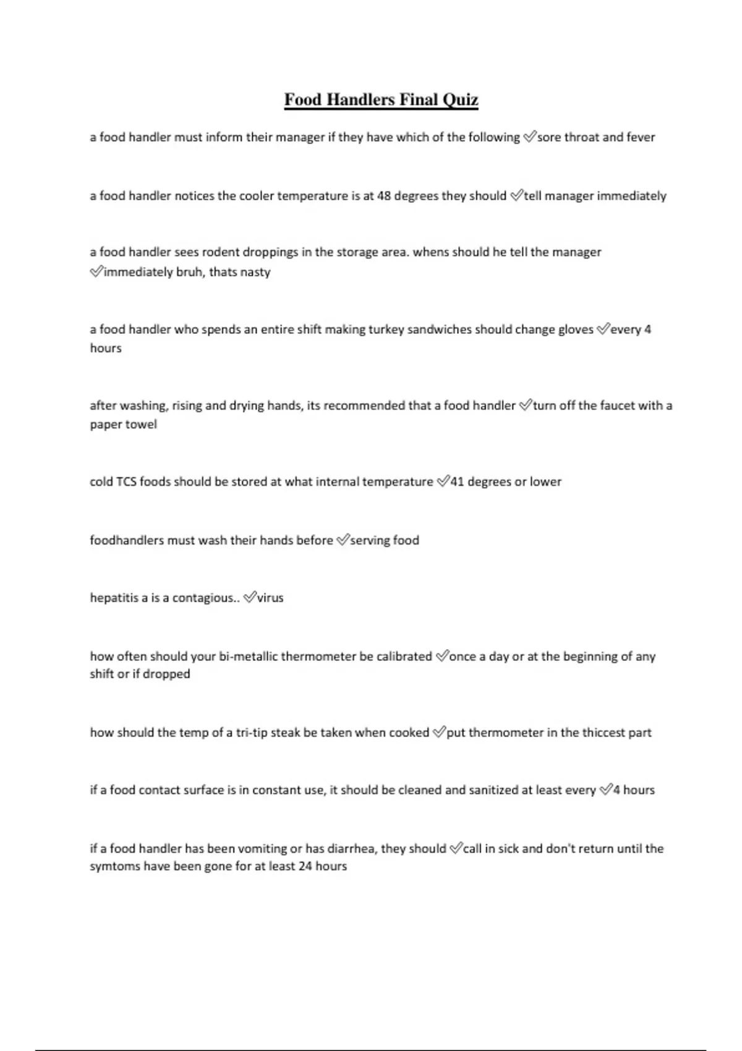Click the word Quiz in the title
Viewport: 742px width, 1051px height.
pyautogui.click(x=459, y=100)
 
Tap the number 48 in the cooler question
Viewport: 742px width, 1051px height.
pyautogui.click(x=384, y=196)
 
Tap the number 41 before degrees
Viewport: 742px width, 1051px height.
pyautogui.click(x=457, y=482)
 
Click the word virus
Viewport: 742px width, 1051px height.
pyautogui.click(x=270, y=598)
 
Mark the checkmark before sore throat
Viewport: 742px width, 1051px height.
pyautogui.click(x=530, y=137)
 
